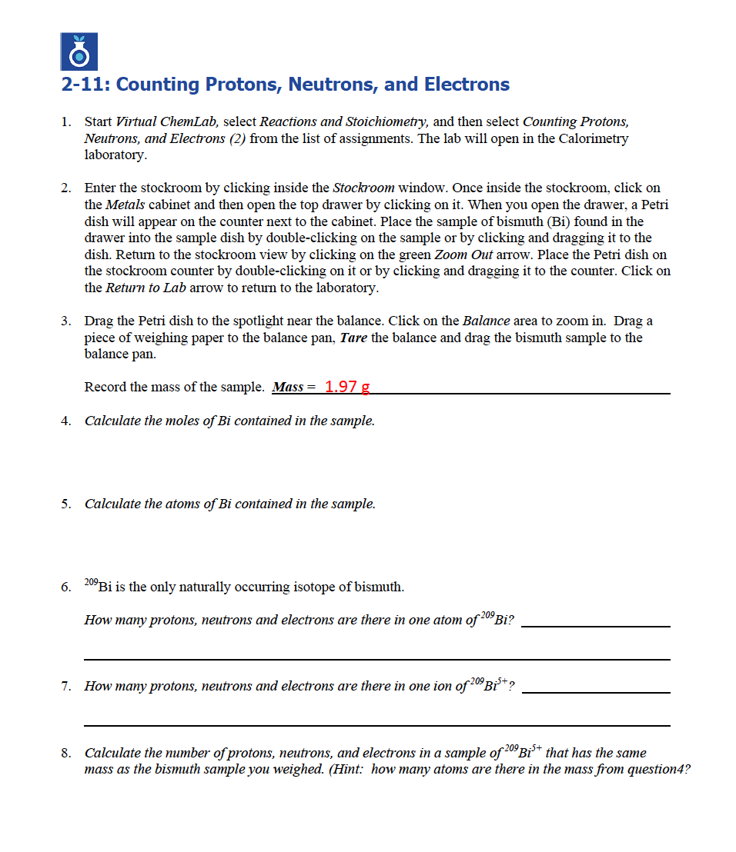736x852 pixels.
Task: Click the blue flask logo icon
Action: [x=79, y=52]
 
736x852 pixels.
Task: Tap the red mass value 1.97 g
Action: [x=346, y=387]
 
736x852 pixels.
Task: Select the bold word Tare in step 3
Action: [x=353, y=338]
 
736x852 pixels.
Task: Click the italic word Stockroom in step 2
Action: [x=363, y=188]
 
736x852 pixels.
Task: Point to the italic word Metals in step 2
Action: [x=124, y=205]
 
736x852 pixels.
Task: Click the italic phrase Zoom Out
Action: [x=463, y=255]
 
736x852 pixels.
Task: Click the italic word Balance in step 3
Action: [x=483, y=321]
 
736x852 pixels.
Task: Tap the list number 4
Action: [x=66, y=421]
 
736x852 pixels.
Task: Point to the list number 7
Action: [x=66, y=686]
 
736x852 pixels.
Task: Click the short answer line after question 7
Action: [x=595, y=692]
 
